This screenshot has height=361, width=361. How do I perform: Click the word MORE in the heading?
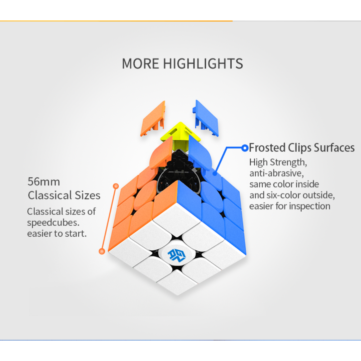click(x=140, y=64)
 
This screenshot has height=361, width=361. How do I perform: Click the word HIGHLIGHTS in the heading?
click(x=203, y=64)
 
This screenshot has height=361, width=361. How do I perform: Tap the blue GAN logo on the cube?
click(x=176, y=255)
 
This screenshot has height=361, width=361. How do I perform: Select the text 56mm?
click(x=44, y=182)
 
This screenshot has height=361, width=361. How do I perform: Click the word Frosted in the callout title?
click(x=267, y=148)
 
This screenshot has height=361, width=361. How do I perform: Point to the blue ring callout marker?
click(x=245, y=148)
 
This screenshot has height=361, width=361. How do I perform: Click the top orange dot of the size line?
click(x=116, y=186)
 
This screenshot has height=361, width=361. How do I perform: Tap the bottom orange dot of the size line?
click(x=102, y=251)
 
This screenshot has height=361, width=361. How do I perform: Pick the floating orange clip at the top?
click(x=153, y=119)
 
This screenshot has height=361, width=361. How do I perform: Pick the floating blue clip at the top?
click(x=206, y=118)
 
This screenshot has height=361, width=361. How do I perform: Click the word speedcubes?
click(x=53, y=223)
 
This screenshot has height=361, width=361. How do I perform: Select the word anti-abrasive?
click(x=276, y=173)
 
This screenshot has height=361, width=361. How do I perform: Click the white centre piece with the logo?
click(x=177, y=255)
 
